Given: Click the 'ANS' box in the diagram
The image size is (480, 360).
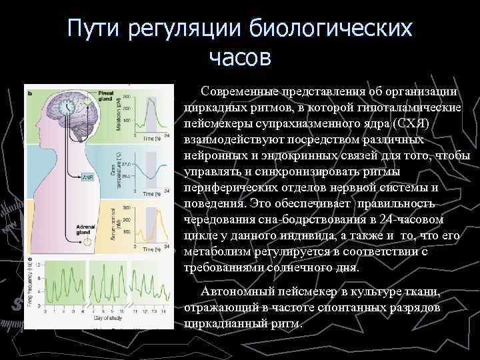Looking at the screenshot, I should point(87,178).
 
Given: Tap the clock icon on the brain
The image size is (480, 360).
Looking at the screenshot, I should point(67,107).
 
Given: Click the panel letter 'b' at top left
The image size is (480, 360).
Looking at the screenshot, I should point(29,93).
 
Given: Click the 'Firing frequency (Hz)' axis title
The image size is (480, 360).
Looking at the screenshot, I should point(29,283).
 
